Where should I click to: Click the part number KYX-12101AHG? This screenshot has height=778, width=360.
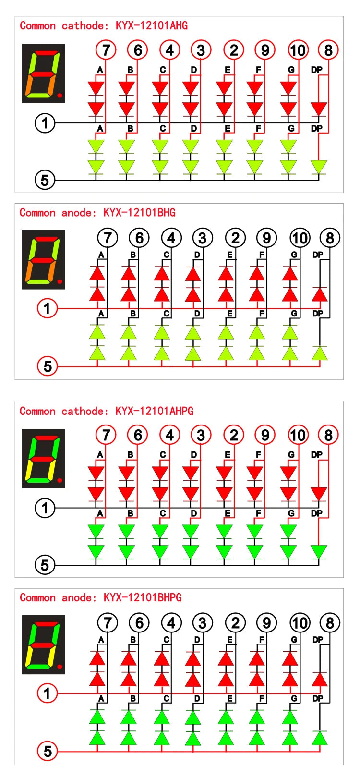(x=152, y=25)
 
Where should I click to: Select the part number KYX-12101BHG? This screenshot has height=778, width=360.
(x=140, y=212)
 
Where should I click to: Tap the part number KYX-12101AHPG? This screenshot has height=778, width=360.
(x=155, y=411)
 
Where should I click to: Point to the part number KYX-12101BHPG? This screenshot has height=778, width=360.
(x=143, y=597)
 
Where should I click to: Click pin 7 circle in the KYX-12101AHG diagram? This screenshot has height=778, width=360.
(x=106, y=50)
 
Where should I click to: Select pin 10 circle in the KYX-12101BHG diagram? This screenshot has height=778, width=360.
(x=300, y=238)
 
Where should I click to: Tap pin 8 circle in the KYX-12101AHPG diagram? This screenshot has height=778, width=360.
(x=328, y=435)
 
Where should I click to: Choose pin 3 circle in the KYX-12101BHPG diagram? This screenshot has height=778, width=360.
(x=203, y=623)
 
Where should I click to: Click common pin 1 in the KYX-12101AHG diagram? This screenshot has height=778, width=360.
(x=45, y=123)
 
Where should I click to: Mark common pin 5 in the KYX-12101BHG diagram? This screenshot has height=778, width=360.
(x=47, y=366)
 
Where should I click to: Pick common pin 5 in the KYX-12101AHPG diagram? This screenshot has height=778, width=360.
(x=45, y=565)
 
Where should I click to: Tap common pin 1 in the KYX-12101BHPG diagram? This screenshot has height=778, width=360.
(x=47, y=693)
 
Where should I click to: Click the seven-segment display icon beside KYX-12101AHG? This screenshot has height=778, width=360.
(x=44, y=73)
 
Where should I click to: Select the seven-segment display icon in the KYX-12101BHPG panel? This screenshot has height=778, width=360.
(x=44, y=644)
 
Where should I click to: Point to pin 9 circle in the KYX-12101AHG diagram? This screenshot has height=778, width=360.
(x=265, y=50)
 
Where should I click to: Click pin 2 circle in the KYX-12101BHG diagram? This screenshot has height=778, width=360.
(x=235, y=238)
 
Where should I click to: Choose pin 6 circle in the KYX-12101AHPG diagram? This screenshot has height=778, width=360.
(x=137, y=435)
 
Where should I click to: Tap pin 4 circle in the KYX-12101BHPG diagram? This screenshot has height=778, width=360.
(x=171, y=623)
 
